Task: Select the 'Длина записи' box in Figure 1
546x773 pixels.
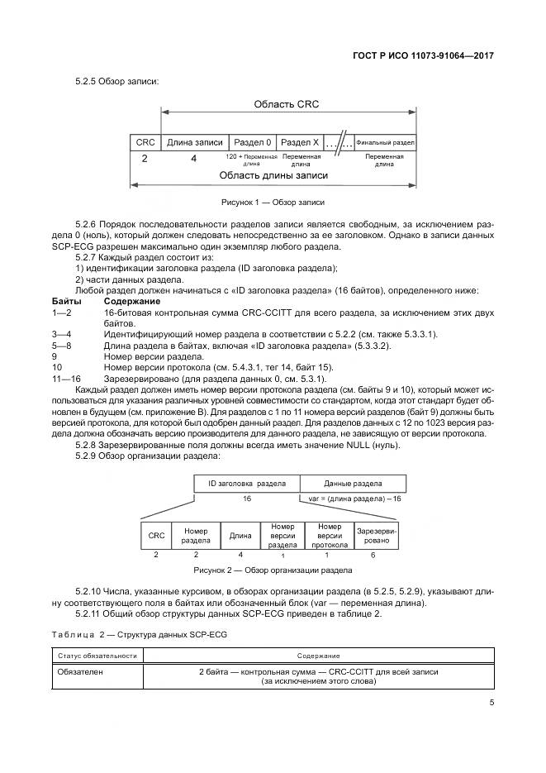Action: [x=194, y=142]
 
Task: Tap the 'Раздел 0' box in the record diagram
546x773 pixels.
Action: [x=251, y=142]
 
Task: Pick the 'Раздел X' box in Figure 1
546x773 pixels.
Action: [x=300, y=142]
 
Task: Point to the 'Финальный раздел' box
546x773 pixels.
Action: [x=385, y=142]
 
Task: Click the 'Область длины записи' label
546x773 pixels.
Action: [x=273, y=175]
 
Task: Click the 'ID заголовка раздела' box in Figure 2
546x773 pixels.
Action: [x=247, y=483]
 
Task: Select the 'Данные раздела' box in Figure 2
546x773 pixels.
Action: [x=353, y=483]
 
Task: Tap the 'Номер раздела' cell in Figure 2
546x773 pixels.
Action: [x=195, y=535]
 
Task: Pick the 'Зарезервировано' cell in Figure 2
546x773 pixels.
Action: [x=377, y=535]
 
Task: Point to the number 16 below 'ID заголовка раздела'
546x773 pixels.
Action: [x=247, y=499]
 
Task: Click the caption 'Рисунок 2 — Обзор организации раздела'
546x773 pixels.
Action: [x=273, y=570]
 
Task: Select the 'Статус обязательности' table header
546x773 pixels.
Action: [x=97, y=655]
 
